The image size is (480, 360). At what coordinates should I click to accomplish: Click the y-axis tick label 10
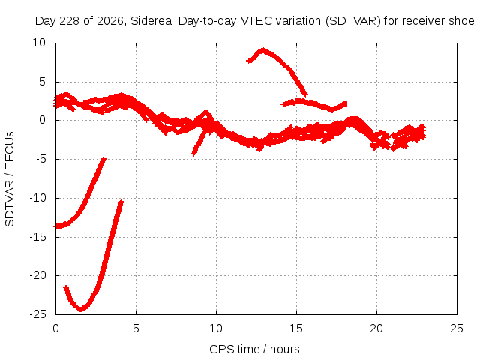[x=39, y=43]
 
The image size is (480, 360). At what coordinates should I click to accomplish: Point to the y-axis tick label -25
[x=38, y=314]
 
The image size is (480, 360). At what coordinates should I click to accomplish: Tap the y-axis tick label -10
[x=38, y=198]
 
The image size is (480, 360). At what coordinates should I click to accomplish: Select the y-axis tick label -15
[x=38, y=237]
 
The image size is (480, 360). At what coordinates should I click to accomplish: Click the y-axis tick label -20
[x=38, y=275]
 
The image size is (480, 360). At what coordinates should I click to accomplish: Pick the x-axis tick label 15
[x=296, y=328]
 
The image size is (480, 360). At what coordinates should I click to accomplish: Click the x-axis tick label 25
[x=457, y=328]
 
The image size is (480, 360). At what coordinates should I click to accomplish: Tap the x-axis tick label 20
[x=376, y=328]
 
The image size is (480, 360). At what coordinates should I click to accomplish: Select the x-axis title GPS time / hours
[x=254, y=349]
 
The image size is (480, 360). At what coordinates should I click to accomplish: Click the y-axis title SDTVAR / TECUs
[x=10, y=179]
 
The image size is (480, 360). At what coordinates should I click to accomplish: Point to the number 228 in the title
[x=70, y=21]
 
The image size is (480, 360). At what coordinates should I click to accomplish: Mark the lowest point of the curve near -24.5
[x=80, y=309]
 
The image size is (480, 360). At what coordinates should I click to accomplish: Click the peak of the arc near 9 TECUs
[x=262, y=50]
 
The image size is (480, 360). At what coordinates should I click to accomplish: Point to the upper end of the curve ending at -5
[x=104, y=158]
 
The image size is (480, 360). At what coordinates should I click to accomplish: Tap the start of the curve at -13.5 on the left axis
[x=56, y=226]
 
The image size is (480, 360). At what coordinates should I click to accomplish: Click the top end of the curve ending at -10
[x=121, y=202]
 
